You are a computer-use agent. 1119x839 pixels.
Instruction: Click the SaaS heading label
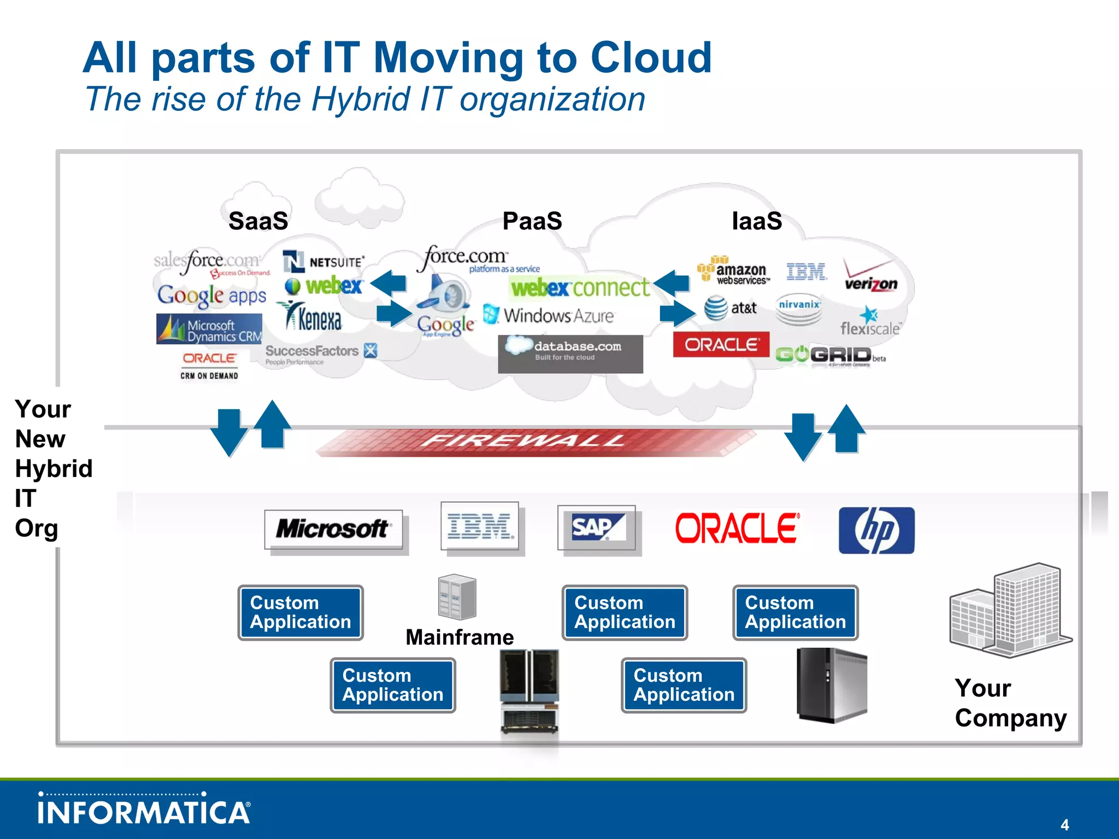(258, 221)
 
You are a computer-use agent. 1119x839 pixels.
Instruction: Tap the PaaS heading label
(532, 221)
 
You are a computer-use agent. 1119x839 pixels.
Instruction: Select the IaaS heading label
(757, 221)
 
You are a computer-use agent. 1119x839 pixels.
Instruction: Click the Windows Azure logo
(549, 316)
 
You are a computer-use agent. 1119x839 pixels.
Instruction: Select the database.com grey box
(570, 354)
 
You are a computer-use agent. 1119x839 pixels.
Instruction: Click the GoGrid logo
(828, 355)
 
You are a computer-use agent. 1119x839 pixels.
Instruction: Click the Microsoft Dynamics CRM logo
(209, 329)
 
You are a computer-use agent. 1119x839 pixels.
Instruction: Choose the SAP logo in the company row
(597, 528)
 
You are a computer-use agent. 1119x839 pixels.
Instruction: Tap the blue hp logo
(876, 530)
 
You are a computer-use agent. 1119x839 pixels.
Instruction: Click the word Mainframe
(460, 637)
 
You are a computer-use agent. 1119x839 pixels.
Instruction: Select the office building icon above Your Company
(1010, 611)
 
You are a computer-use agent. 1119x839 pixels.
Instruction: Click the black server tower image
(831, 685)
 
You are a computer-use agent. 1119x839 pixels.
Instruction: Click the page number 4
(1064, 824)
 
